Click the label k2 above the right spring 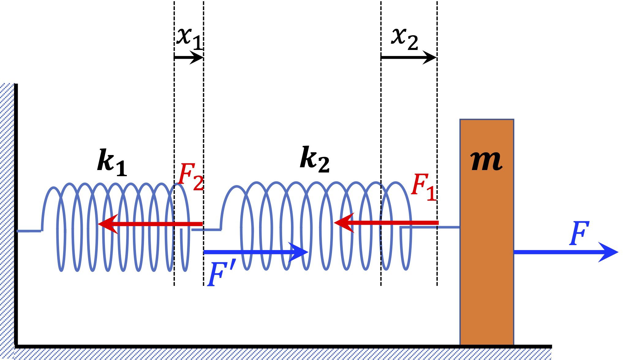coord(315,159)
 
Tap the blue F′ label coord(221,274)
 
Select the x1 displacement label coord(189,38)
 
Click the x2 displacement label coord(404,38)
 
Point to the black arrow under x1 coord(189,57)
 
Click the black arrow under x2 coord(409,57)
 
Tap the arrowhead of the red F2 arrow coord(107,224)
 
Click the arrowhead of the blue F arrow coord(608,252)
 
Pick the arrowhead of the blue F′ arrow coord(298,252)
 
